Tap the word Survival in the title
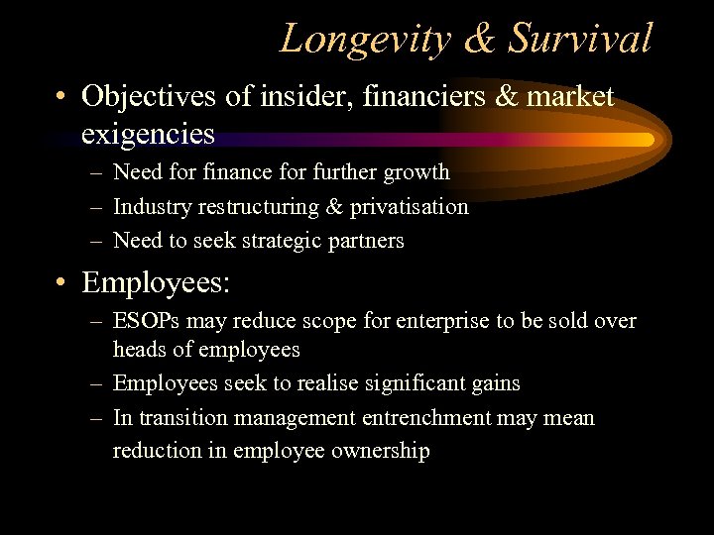point(580,39)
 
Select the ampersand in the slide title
point(480,40)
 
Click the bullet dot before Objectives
point(61,98)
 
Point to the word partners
point(367,241)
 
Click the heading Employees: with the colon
point(156,283)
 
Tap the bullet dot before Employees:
point(61,284)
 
